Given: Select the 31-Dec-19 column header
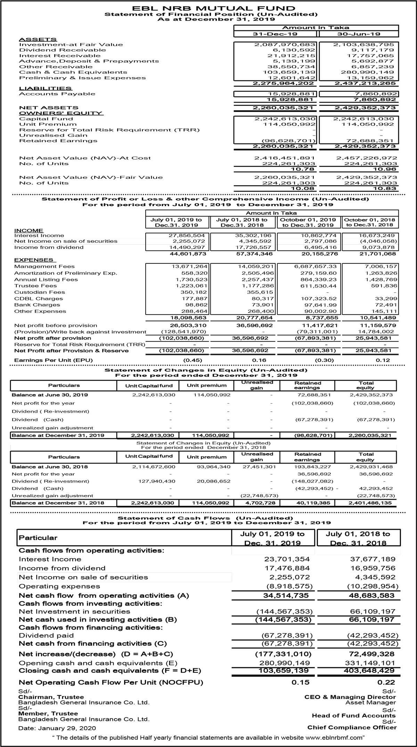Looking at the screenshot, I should point(276,34).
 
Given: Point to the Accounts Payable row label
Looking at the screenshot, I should point(57,94).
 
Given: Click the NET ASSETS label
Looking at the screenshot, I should point(49,108).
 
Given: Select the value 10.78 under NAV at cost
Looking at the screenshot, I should point(305,169).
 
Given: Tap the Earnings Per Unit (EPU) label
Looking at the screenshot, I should point(54,360).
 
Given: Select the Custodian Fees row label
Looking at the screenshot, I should point(40,292).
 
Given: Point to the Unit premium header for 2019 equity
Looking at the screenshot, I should point(206,385).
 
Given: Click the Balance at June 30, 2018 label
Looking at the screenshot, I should point(50,467).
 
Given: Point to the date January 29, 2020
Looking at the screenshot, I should point(57,728).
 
